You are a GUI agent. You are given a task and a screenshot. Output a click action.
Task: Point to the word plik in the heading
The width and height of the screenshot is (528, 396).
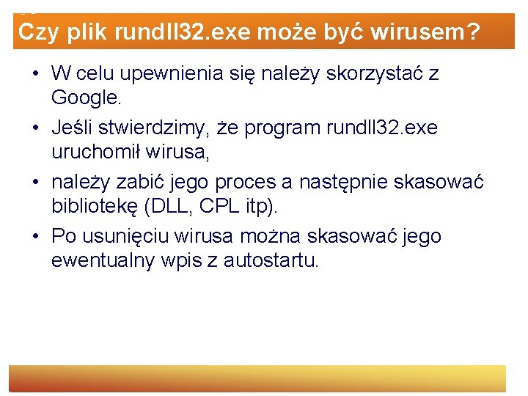[x=87, y=32]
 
